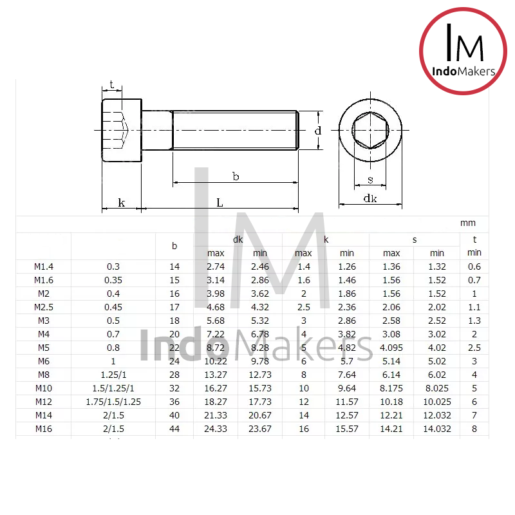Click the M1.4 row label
[43, 267]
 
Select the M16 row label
[43, 429]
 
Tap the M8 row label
[43, 375]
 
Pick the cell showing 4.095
[391, 348]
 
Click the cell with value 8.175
[391, 388]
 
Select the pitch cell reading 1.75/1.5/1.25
[113, 402]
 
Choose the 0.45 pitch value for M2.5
[113, 307]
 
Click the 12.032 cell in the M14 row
[437, 415]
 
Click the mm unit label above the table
[468, 223]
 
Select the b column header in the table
[174, 246]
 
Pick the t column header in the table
[474, 239]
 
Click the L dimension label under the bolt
[220, 203]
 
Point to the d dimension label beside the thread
[318, 131]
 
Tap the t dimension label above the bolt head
[112, 84]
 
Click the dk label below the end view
[370, 199]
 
